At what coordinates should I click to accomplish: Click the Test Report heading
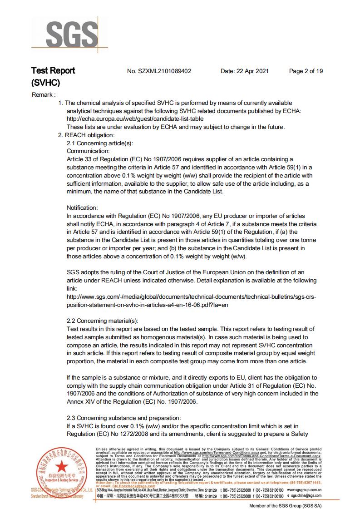click(53, 71)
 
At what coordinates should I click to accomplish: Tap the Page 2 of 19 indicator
click(306, 71)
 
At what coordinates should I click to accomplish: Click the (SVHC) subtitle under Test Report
click(45, 84)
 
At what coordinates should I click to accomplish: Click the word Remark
click(43, 95)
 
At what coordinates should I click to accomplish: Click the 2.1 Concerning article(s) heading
click(100, 143)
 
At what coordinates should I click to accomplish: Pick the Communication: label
click(88, 151)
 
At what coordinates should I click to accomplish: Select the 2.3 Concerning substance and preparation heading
click(123, 418)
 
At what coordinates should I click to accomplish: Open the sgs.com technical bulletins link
click(191, 301)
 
